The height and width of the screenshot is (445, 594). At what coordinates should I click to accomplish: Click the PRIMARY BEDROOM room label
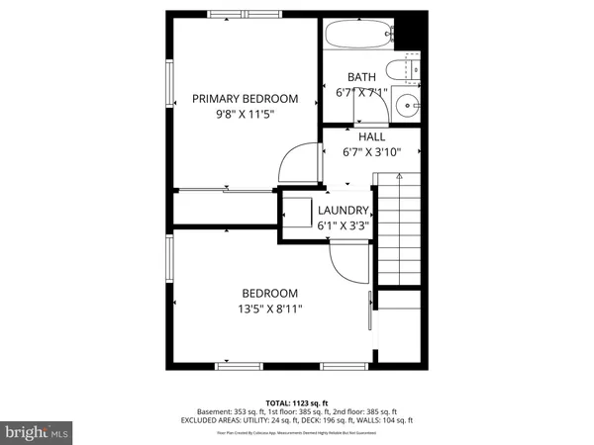coord(245,98)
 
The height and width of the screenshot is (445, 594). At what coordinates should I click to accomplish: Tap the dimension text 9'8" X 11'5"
coord(245,115)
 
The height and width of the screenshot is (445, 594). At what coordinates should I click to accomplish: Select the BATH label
coord(360,77)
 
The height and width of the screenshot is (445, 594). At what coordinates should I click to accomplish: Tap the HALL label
coord(371,136)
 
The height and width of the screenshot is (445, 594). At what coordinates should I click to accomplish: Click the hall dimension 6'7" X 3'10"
coord(371,152)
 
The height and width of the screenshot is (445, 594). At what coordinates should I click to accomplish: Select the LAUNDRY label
coord(343,210)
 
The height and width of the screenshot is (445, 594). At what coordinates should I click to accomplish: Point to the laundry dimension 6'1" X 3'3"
coord(343,225)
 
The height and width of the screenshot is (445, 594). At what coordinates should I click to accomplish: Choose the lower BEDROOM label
coord(269,293)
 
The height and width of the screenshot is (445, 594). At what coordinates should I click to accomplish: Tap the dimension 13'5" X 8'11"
coord(269,310)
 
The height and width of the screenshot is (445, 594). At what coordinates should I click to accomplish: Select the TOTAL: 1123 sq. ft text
coord(297,403)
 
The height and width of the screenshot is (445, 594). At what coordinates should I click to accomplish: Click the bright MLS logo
coord(38,432)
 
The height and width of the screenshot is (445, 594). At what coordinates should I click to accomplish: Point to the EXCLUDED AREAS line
coord(297,420)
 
